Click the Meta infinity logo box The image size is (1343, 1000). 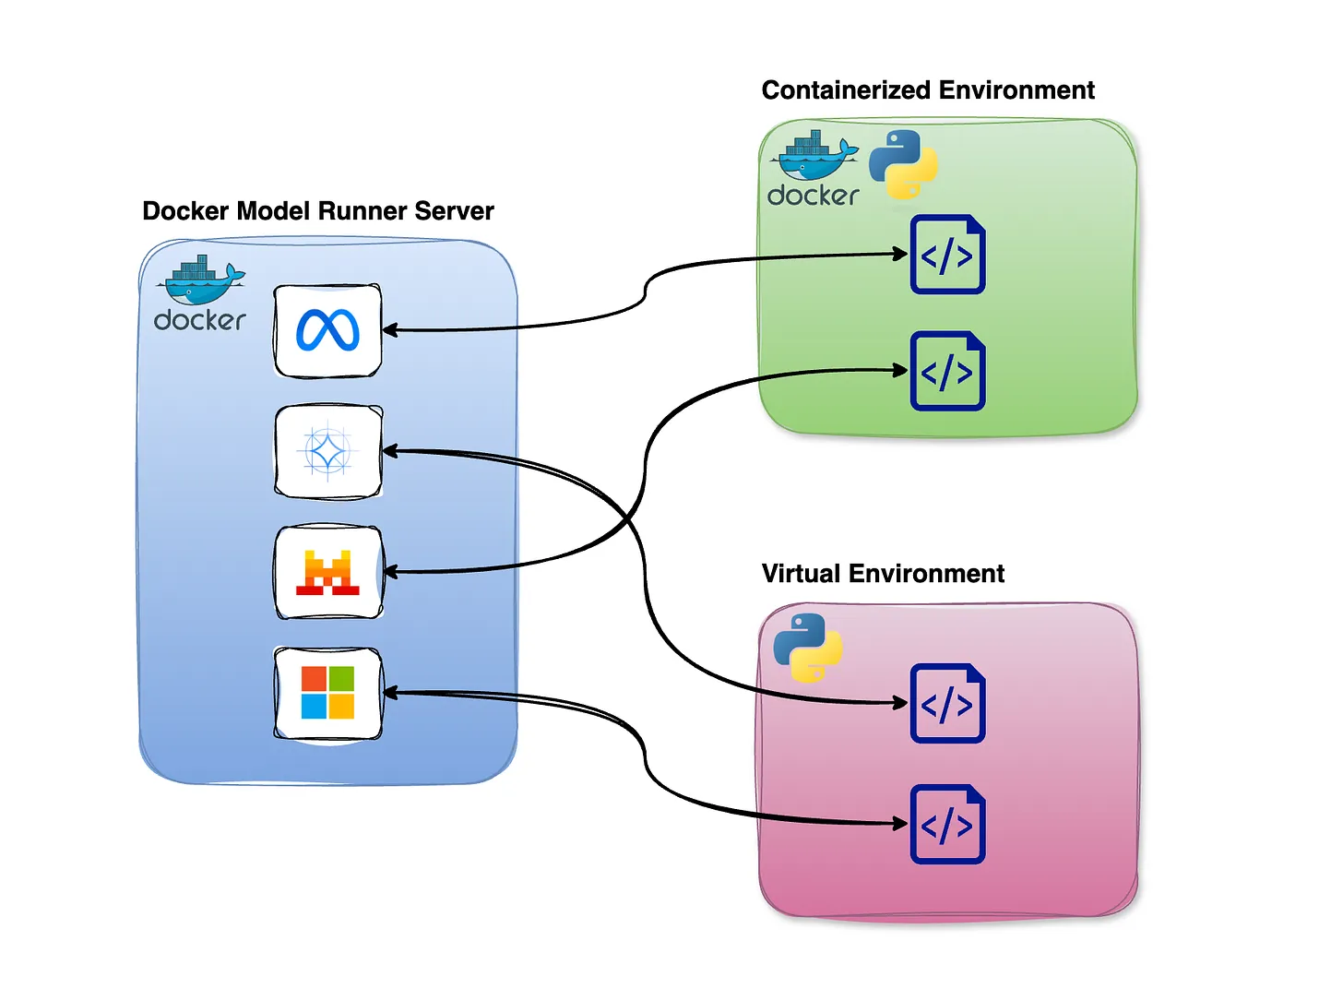coord(328,330)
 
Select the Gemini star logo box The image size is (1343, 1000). coord(328,452)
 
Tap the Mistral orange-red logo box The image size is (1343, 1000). coord(328,572)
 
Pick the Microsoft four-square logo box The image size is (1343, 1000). coord(328,693)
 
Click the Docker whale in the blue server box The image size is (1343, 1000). coord(201,282)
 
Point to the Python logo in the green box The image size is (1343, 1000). coord(903,164)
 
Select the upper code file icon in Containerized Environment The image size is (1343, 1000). coord(947,255)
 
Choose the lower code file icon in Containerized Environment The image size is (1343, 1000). coord(947,371)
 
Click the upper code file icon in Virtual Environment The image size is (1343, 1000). coord(947,703)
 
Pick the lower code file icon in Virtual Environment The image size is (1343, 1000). coord(947,824)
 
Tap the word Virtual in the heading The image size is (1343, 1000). coord(801,574)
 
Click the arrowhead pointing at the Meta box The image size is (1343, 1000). coord(389,330)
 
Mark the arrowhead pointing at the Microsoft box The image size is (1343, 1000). coord(389,693)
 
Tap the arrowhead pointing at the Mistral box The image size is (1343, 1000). coord(389,572)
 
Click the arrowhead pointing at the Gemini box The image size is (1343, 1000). coord(389,451)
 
